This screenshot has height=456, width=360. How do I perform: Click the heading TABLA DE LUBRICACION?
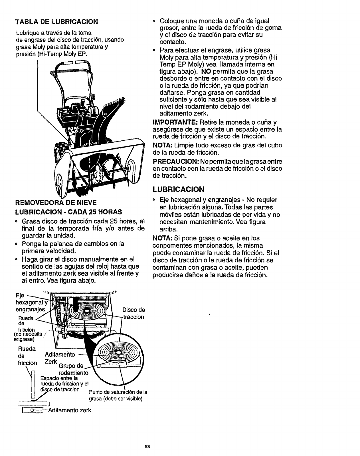click(56, 22)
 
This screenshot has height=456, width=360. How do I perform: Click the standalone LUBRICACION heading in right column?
click(179, 189)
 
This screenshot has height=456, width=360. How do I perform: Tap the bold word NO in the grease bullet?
click(206, 71)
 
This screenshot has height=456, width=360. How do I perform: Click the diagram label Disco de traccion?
click(134, 313)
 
